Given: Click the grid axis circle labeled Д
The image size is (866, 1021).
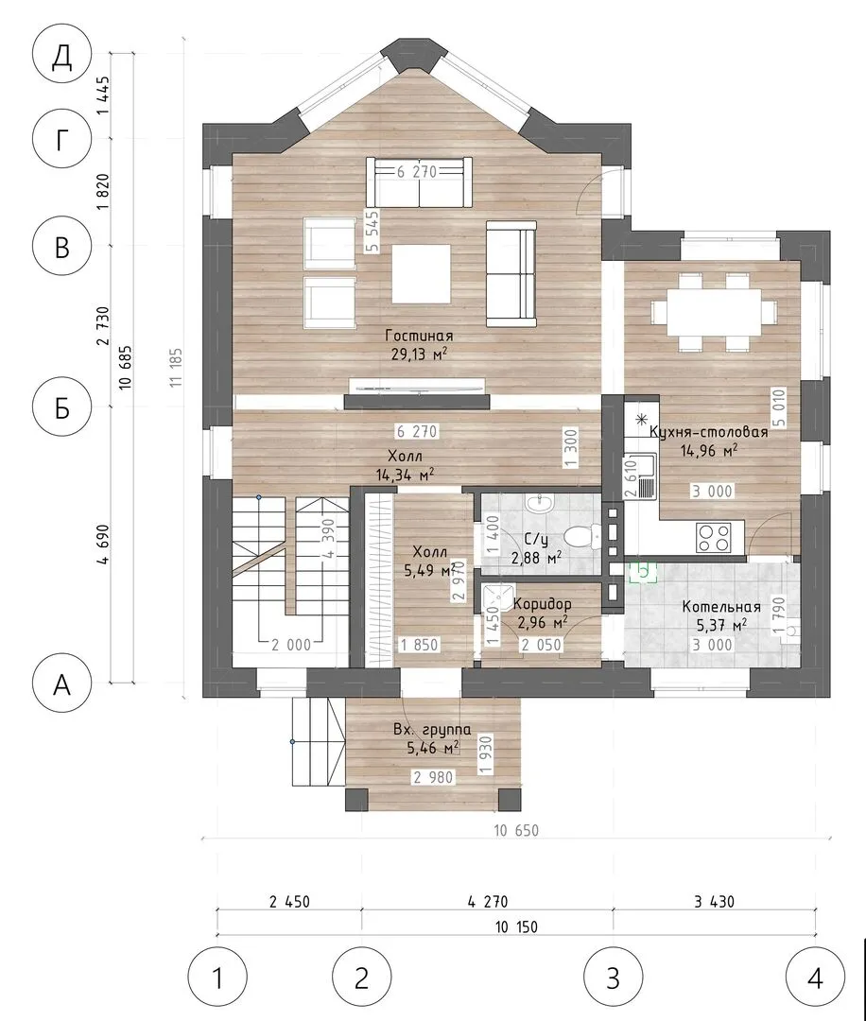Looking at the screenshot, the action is pyautogui.click(x=61, y=57).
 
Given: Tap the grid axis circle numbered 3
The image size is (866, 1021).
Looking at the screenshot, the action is pyautogui.click(x=613, y=978).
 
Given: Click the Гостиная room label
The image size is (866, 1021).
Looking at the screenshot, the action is pyautogui.click(x=419, y=336).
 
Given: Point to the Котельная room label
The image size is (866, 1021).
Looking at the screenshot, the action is pyautogui.click(x=721, y=607).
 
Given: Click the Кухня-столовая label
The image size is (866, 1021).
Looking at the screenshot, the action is pyautogui.click(x=709, y=432).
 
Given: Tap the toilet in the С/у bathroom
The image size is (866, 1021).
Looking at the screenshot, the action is pyautogui.click(x=580, y=536).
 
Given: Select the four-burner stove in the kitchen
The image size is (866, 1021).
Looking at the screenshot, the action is pyautogui.click(x=714, y=538).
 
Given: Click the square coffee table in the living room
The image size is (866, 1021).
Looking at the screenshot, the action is pyautogui.click(x=421, y=273).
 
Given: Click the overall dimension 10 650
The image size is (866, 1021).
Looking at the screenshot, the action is pyautogui.click(x=516, y=831).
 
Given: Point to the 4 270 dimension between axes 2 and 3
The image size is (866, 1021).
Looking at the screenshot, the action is pyautogui.click(x=488, y=902).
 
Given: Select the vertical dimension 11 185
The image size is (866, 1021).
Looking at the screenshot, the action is pyautogui.click(x=176, y=369).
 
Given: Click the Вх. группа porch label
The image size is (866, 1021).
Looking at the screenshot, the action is pyautogui.click(x=432, y=730).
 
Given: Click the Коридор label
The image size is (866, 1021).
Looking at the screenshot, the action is pyautogui.click(x=542, y=604).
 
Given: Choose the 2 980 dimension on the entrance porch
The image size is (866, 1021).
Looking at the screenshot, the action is pyautogui.click(x=433, y=777).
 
